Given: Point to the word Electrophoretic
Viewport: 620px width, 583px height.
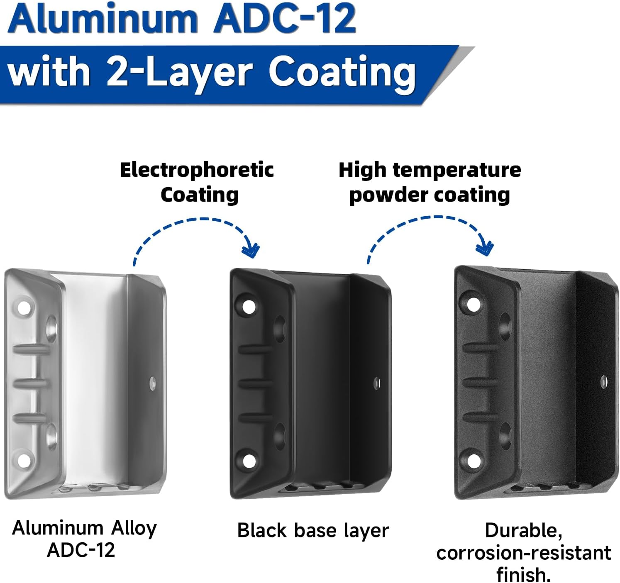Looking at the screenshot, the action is pos(197,170).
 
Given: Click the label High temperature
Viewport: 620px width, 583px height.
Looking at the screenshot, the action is pos(430,170).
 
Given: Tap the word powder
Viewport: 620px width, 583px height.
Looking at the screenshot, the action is pos(383,195).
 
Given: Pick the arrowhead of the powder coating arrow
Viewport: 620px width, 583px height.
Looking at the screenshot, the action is pos(485,248).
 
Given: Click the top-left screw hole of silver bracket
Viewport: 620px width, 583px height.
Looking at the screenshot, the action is pos(24,308).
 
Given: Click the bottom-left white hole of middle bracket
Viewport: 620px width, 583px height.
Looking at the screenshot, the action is pos(249,461).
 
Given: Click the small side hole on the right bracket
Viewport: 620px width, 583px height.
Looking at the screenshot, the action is pos(604,381).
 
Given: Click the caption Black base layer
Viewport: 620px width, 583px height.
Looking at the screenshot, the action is pos(313,531).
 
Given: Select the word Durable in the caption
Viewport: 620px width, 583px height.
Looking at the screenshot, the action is pos(523,530).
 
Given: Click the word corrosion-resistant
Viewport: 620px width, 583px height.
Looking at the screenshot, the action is pos(523,553).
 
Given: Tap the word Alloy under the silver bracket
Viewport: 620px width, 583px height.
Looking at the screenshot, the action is pos(134,528).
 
